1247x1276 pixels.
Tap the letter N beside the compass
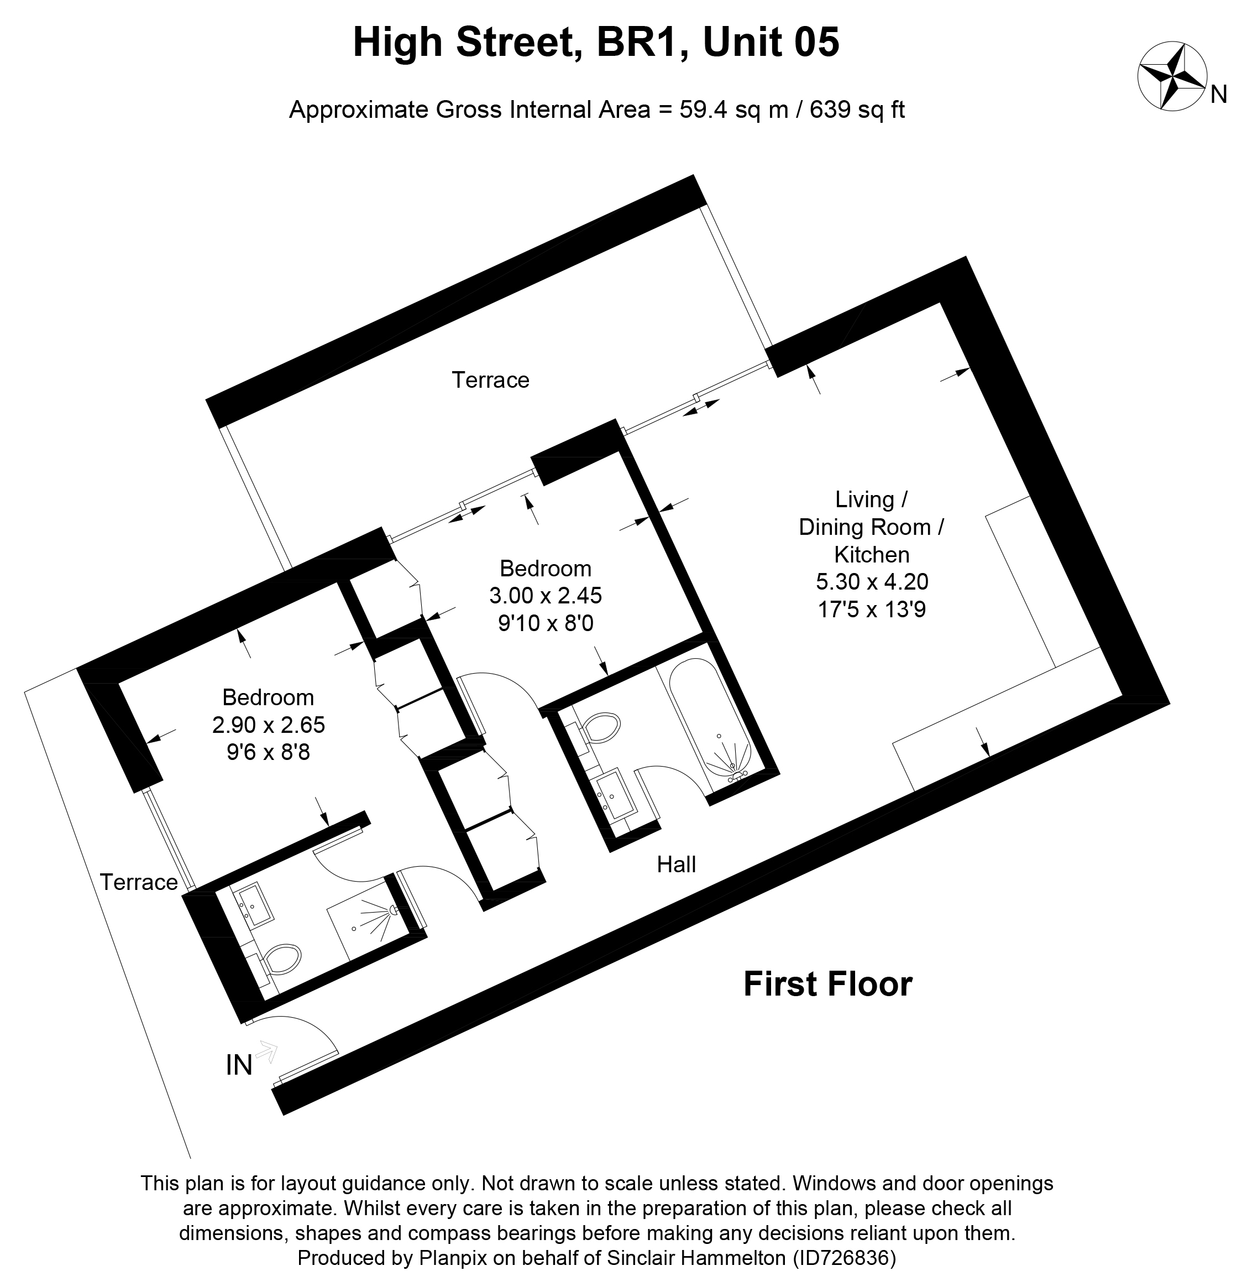[1218, 96]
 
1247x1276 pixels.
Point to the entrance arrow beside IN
[267, 1051]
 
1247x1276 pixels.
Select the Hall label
[676, 864]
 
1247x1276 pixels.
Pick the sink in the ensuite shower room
[255, 905]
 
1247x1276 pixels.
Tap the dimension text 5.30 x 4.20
[872, 581]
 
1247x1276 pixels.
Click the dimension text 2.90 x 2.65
[269, 724]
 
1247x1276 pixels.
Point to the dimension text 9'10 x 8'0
[546, 623]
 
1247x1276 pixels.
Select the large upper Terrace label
[490, 379]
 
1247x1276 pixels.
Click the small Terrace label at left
[139, 882]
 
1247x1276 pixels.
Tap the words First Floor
[827, 984]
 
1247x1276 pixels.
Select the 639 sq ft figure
[857, 109]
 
